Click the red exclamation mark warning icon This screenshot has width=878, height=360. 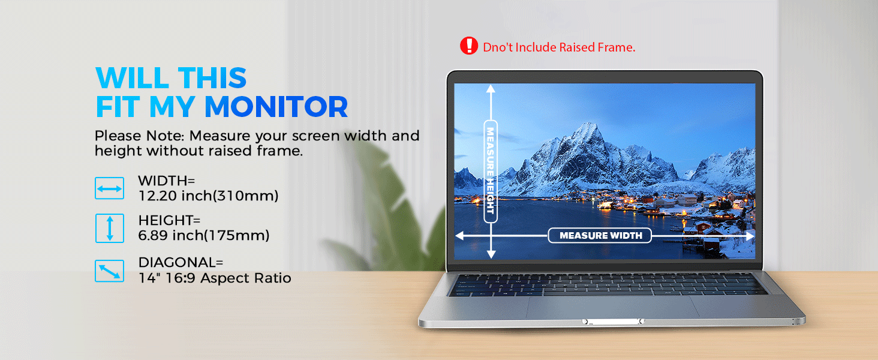pos(468,46)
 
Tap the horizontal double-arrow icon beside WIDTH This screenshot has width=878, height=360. pos(109,188)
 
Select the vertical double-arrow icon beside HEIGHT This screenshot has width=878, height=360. pos(109,229)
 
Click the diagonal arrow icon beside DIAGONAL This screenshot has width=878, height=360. pos(109,271)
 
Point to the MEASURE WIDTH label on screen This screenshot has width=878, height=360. pos(600,236)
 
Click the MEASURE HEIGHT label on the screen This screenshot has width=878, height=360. pos(490,171)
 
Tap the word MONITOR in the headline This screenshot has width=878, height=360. pos(276,107)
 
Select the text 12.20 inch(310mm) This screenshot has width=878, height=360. pos(208,196)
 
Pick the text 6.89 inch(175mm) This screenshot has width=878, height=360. pos(203,236)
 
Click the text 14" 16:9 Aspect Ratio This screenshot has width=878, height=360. pos(214,278)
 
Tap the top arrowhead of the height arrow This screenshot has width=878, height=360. pos(490,89)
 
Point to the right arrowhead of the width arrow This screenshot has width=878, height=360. pos(749,236)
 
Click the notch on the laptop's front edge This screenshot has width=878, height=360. pos(611,322)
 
